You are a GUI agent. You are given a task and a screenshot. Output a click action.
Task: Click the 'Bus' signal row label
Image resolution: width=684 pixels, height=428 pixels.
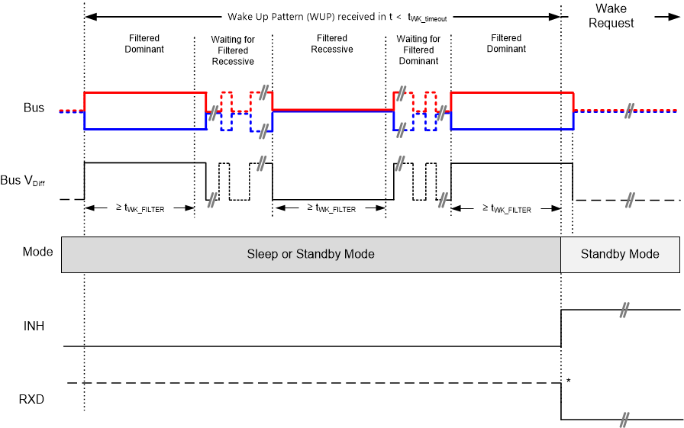tap(34, 108)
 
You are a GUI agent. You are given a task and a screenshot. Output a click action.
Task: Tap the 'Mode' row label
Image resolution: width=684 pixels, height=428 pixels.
tap(38, 252)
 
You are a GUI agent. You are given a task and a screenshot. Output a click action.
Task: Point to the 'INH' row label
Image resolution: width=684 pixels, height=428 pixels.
tap(34, 327)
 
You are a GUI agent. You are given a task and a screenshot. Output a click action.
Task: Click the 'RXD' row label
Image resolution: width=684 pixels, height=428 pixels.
tap(33, 397)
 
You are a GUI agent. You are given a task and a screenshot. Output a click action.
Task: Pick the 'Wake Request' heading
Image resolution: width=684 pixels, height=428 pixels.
tap(611, 16)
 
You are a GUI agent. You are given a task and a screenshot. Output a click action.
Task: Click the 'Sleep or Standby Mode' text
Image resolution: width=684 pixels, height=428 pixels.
tap(311, 253)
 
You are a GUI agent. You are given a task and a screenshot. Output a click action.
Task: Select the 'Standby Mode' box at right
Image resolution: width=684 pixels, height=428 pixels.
tap(620, 253)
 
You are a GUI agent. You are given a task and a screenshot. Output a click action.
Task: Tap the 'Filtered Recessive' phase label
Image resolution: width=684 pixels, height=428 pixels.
tap(332, 43)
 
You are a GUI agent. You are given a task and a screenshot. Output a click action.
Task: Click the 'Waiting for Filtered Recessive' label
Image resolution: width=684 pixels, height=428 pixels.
tap(233, 50)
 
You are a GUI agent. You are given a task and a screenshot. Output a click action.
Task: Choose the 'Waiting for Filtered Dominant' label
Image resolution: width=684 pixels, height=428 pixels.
tap(418, 50)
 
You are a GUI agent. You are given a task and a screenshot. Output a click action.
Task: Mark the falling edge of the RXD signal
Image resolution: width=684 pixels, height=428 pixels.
tap(561, 401)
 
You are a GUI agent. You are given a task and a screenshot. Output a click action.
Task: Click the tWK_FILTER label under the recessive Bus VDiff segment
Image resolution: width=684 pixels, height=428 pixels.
tap(331, 208)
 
